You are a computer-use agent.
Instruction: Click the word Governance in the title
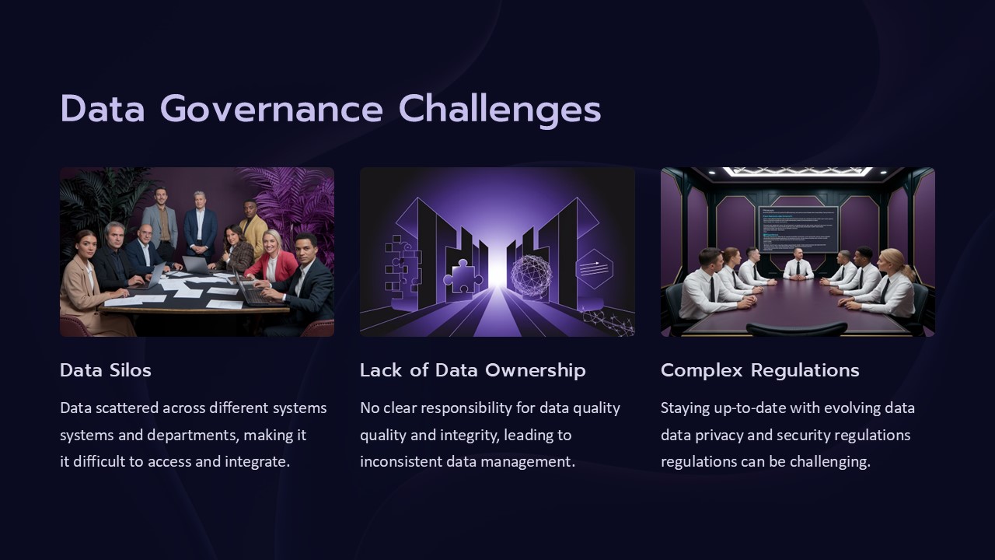(x=271, y=110)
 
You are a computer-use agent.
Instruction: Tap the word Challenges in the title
(x=500, y=110)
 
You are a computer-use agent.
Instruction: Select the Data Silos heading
(x=106, y=370)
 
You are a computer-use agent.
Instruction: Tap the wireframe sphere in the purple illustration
(x=531, y=274)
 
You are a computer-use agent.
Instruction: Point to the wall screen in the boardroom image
(x=798, y=229)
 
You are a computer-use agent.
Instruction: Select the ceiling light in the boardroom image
(x=798, y=171)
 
